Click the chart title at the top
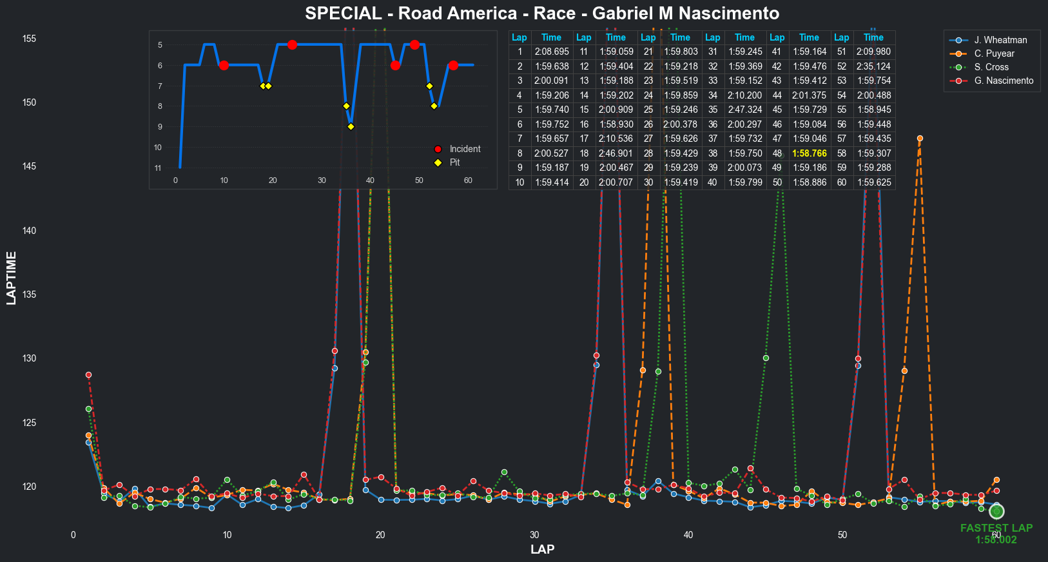(x=542, y=14)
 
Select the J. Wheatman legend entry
(x=1000, y=40)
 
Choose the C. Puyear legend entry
(x=994, y=53)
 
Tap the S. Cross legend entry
(x=991, y=67)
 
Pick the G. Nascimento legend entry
(x=1004, y=81)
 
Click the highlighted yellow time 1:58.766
(x=809, y=153)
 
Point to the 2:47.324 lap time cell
(x=744, y=110)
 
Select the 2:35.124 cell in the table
(x=873, y=66)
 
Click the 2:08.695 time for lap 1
(x=552, y=52)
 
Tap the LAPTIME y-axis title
(x=12, y=278)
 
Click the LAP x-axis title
(x=542, y=549)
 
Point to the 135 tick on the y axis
(x=29, y=295)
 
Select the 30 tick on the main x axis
(x=534, y=535)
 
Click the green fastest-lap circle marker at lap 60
(x=996, y=511)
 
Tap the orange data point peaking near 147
(x=920, y=139)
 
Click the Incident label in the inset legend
(x=465, y=149)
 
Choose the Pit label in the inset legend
(x=454, y=162)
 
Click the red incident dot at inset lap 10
(x=224, y=65)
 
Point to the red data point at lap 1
(x=88, y=375)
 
